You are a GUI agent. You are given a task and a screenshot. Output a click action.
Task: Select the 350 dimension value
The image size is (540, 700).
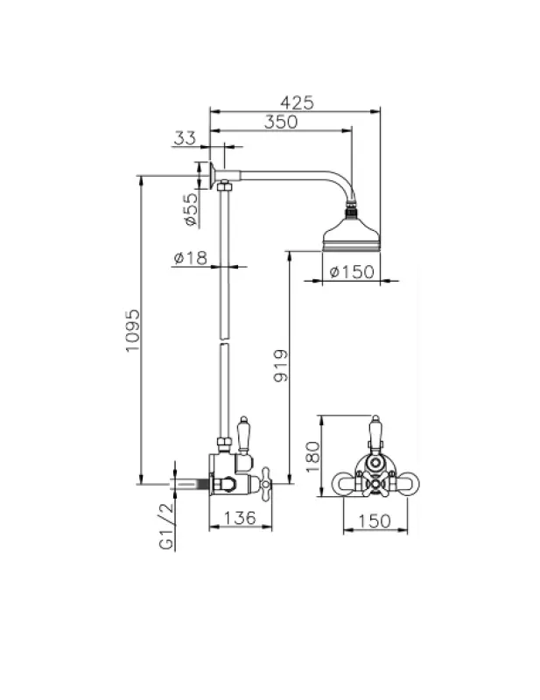[x=281, y=122]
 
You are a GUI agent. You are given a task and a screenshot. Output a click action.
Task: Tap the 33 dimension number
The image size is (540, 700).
[x=185, y=137]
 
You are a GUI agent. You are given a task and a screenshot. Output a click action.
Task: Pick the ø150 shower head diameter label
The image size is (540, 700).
[x=352, y=272]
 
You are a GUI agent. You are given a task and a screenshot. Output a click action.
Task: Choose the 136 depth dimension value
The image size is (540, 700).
[x=238, y=518]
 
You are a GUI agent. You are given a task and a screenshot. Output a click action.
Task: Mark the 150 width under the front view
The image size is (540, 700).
[x=375, y=521]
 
